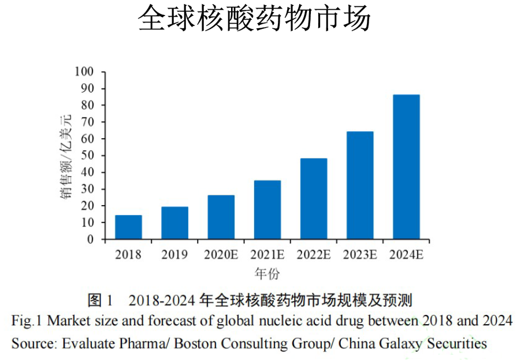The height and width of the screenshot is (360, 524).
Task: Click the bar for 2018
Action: (x=128, y=227)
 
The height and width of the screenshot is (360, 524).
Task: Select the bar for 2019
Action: (x=174, y=223)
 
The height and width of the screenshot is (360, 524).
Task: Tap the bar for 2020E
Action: (x=221, y=217)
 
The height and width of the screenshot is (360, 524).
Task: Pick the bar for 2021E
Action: (x=267, y=210)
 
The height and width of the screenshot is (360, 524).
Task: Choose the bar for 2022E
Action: (x=313, y=199)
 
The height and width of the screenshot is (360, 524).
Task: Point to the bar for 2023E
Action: (x=359, y=185)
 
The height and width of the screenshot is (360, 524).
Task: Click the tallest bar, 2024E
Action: (x=406, y=167)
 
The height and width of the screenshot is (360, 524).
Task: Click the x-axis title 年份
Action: (x=266, y=273)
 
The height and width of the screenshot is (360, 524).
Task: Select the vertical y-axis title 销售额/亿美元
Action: (x=66, y=156)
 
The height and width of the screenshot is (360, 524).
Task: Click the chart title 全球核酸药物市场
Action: (x=254, y=20)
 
